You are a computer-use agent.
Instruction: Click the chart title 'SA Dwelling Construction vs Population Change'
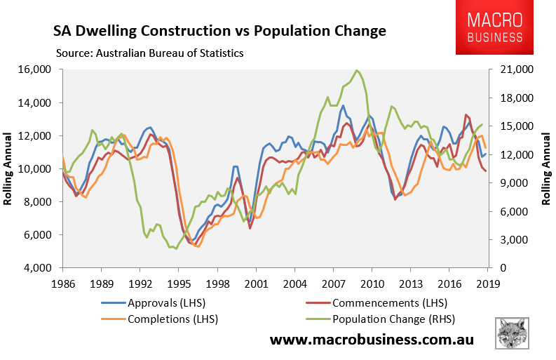[x=219, y=32]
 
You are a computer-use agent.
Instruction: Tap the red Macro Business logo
[x=489, y=28]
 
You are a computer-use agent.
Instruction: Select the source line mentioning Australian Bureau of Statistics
[x=149, y=53]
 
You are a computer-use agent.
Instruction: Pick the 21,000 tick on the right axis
[x=514, y=69]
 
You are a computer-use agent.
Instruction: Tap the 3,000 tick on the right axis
[x=511, y=240]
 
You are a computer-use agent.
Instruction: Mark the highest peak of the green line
[x=358, y=70]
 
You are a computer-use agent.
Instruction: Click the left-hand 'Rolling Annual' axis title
[x=9, y=168]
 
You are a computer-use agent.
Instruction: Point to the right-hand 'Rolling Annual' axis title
[x=545, y=168]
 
